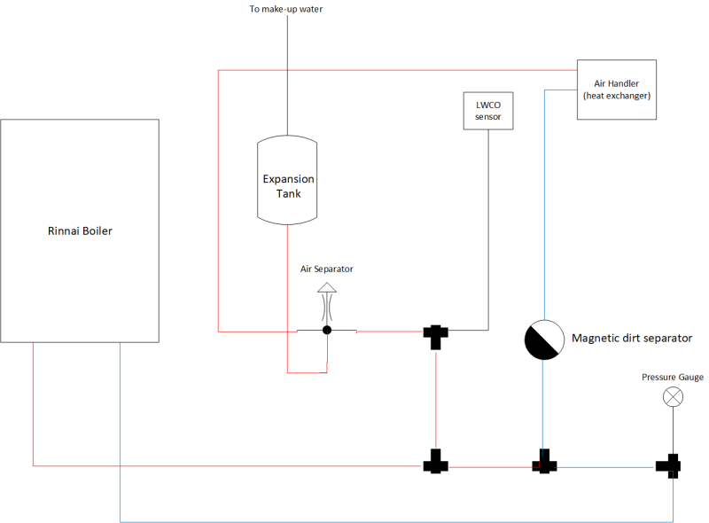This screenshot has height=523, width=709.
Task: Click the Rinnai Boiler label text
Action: point(80,230)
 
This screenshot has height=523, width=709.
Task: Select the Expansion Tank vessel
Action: point(287,180)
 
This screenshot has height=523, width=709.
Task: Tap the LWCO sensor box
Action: point(488,111)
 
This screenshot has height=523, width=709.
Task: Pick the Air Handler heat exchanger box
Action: point(617,90)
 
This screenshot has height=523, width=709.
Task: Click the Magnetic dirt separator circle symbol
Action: point(544,340)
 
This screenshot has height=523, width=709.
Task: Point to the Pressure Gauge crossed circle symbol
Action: point(673,397)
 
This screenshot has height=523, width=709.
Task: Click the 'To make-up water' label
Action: point(286,9)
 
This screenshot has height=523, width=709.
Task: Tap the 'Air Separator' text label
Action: point(326,269)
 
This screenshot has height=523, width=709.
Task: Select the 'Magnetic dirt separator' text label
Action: point(632,338)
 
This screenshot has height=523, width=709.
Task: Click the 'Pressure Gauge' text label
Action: point(673,377)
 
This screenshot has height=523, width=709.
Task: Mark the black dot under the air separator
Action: point(327,331)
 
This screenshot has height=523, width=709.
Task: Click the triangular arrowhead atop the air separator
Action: point(327,288)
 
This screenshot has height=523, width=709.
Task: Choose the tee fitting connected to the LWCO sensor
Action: point(436,337)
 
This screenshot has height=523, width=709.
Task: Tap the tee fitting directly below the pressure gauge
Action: point(668,466)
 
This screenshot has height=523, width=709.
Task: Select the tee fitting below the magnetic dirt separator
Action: point(544,462)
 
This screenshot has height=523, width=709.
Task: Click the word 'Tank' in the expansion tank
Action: point(289,193)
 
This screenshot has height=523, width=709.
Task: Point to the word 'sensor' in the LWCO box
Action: point(488,117)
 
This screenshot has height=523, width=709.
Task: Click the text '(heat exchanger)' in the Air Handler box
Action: point(617,96)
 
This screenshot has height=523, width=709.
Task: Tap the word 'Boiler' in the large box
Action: point(97,230)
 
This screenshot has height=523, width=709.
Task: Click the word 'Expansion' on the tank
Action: point(289,179)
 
